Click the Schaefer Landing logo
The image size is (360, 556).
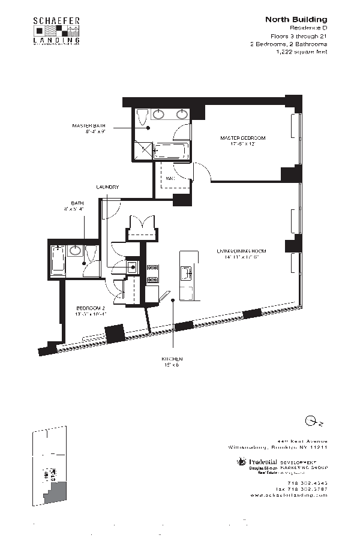(56, 31)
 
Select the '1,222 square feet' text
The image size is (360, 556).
(301, 52)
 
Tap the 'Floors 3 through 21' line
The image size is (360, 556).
(299, 36)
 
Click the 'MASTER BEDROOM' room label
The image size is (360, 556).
(242, 138)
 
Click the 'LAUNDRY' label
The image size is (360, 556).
(107, 187)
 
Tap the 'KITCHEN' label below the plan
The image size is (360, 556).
(172, 358)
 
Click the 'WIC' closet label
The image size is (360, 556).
(170, 179)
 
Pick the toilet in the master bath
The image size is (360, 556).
(142, 119)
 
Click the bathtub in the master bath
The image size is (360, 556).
(173, 151)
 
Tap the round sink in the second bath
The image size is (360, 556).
(76, 251)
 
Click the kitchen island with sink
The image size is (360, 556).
(187, 275)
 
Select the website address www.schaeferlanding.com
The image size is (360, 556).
(289, 495)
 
